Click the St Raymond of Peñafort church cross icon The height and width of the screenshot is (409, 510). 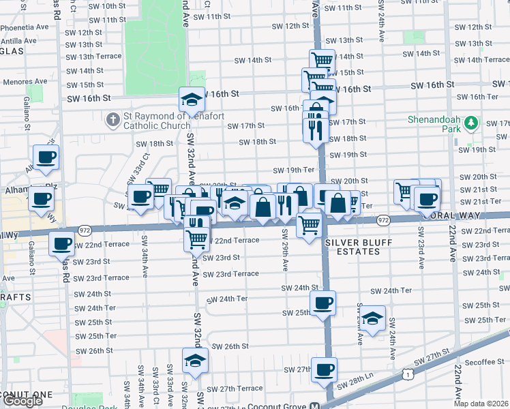point(113,121)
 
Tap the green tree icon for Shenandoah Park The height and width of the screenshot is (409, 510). point(470,123)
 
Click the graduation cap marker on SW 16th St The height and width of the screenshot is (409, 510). point(192,100)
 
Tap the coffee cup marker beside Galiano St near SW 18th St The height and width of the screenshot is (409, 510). point(46,157)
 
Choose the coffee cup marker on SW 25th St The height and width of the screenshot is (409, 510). point(322,302)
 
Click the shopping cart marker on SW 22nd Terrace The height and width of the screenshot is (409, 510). point(197,239)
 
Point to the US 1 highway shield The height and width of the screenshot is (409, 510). point(407,373)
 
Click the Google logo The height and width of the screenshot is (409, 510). point(22,401)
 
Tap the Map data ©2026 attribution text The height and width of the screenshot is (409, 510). point(481,403)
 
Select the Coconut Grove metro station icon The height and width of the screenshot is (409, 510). point(315,405)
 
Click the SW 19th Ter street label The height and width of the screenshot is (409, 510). point(293,170)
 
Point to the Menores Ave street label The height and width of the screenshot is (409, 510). point(24,82)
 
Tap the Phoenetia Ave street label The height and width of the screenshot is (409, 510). point(25,28)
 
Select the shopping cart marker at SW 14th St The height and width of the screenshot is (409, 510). point(322,60)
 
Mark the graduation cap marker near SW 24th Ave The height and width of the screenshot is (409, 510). point(372,318)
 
